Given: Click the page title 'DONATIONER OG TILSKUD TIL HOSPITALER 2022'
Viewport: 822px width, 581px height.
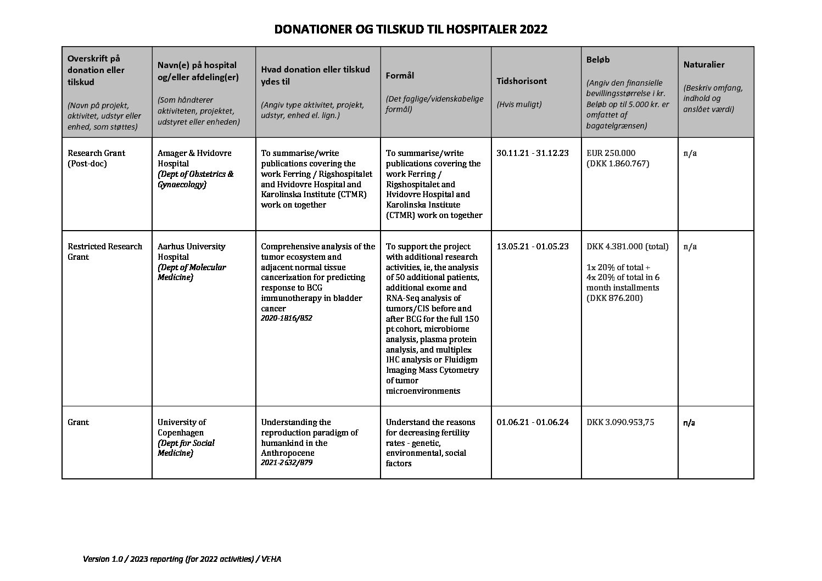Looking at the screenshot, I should click(411, 30).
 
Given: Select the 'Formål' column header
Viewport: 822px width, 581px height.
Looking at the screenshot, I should click(399, 76).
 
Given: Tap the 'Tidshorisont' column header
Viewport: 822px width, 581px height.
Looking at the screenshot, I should click(521, 81).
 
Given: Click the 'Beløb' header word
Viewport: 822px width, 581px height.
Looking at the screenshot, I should click(598, 59).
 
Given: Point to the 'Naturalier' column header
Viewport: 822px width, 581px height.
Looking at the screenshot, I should click(703, 65).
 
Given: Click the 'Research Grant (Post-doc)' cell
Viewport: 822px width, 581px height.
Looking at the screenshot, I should click(96, 158).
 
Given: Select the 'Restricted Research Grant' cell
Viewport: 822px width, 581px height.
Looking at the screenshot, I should click(104, 252).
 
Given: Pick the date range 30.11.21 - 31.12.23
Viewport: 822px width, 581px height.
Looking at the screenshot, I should click(532, 153).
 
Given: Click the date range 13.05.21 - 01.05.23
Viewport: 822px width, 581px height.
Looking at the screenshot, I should click(532, 247).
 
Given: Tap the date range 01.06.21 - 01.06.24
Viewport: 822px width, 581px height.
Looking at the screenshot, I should click(532, 422).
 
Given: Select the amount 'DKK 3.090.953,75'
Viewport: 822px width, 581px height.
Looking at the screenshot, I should click(620, 422).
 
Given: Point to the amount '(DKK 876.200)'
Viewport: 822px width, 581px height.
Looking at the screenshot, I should click(614, 298).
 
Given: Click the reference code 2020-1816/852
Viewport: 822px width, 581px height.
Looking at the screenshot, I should click(286, 318).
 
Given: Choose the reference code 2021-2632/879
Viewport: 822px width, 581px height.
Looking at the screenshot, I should click(287, 463).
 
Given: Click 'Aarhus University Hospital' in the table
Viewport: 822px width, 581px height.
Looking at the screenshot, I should click(191, 252).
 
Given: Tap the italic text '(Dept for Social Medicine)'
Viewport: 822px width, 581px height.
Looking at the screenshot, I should click(186, 448).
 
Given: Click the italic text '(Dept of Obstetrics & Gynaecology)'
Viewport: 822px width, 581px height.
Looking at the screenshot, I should click(195, 179).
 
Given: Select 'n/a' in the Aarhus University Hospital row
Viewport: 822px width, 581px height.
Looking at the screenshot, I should click(690, 247).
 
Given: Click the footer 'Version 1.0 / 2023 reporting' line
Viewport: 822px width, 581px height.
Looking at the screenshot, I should click(182, 559).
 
